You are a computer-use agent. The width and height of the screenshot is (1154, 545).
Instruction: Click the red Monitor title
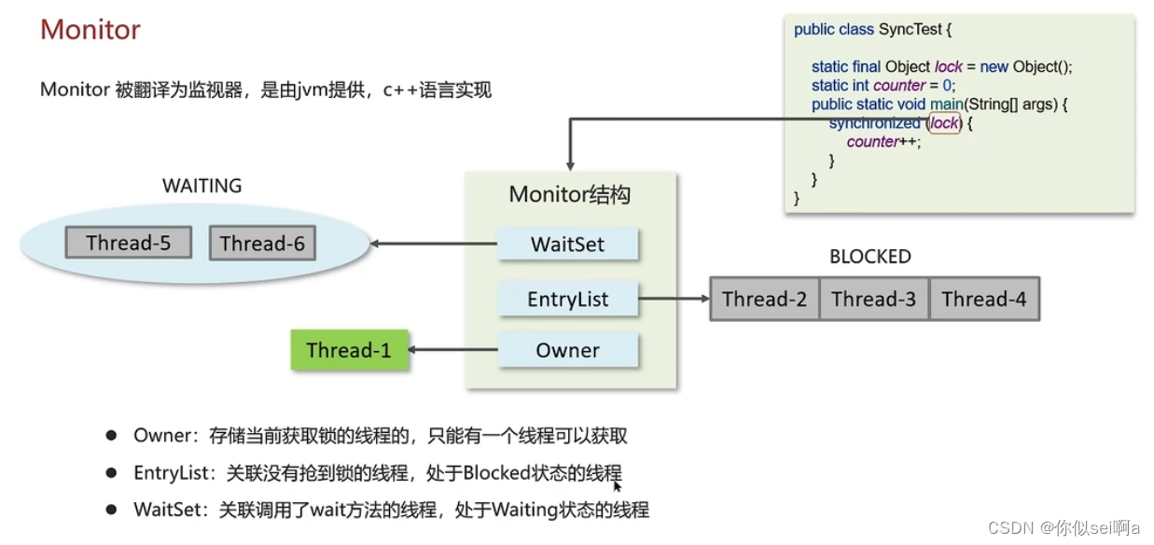click(x=90, y=30)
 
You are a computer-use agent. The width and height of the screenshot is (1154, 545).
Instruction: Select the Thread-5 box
click(x=129, y=244)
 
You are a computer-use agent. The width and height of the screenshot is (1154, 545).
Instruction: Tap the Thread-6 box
click(x=262, y=244)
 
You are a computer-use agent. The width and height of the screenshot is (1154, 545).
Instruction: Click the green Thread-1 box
click(x=349, y=351)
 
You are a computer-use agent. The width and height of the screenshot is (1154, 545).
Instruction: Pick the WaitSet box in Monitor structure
click(x=567, y=245)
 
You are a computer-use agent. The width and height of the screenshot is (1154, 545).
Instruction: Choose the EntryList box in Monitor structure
click(x=567, y=300)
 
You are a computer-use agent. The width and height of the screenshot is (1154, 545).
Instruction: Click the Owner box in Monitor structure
click(x=567, y=351)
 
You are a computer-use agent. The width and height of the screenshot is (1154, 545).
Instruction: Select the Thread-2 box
click(x=764, y=300)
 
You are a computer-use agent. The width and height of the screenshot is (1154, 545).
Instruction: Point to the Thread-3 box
click(x=874, y=300)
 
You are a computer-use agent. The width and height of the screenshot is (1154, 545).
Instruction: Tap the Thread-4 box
click(x=983, y=300)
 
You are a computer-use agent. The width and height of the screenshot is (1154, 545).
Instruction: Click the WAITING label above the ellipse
click(x=202, y=186)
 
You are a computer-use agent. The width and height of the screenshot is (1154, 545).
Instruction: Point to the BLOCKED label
click(x=869, y=257)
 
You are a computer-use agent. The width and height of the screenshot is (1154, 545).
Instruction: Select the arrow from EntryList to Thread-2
click(x=673, y=300)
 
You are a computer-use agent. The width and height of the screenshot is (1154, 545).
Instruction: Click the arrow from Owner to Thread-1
click(x=452, y=351)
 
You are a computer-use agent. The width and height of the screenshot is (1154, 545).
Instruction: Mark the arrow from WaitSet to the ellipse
click(x=433, y=245)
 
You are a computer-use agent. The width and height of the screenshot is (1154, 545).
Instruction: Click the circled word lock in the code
click(x=944, y=123)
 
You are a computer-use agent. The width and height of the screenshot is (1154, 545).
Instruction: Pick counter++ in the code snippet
click(x=883, y=142)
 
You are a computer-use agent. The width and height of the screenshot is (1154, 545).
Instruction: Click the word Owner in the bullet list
click(x=160, y=436)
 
